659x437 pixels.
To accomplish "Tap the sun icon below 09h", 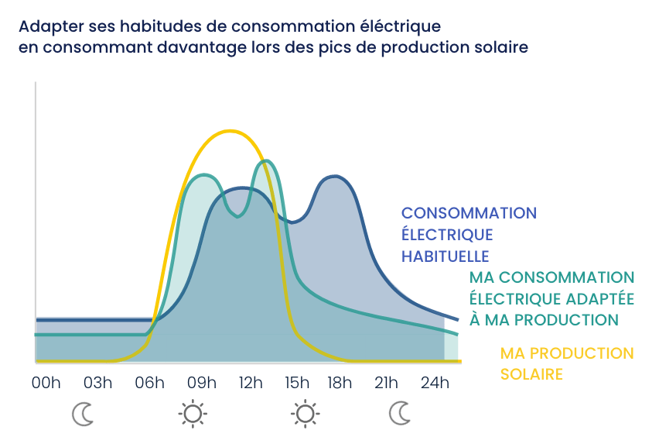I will (192, 415).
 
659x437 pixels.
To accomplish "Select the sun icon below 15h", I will (305, 415).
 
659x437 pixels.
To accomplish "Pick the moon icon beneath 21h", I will (400, 415).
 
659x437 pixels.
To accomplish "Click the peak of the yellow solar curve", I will (229, 131).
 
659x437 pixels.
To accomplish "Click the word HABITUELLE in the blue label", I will (445, 256).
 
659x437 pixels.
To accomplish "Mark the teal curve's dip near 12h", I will (237, 216).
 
